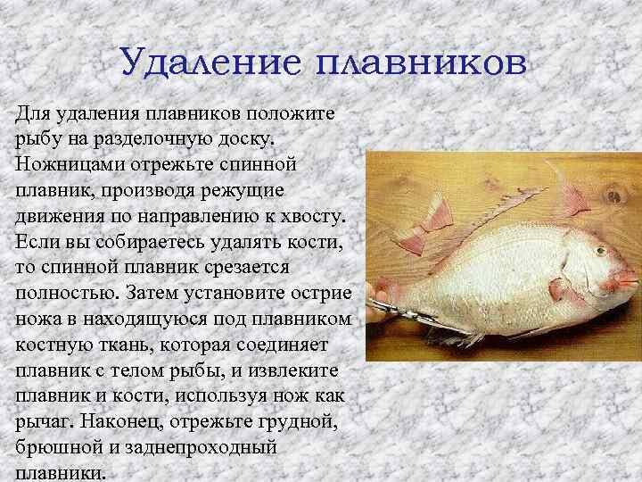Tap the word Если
coord(37,242)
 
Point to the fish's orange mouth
coord(627,279)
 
